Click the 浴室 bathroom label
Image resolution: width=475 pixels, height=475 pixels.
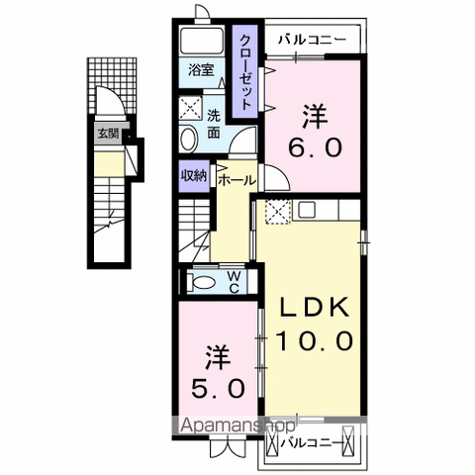click(203, 71)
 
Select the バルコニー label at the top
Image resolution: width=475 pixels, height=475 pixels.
click(311, 40)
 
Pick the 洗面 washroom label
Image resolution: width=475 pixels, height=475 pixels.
click(214, 121)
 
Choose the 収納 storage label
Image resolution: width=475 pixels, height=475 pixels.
click(193, 175)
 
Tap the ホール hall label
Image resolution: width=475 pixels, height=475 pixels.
click(237, 181)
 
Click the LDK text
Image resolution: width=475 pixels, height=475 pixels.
click(313, 308)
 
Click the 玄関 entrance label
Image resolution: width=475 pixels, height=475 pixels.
click(106, 134)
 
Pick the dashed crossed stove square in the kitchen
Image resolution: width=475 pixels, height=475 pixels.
click(278, 211)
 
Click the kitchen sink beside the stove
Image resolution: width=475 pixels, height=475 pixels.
click(305, 210)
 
